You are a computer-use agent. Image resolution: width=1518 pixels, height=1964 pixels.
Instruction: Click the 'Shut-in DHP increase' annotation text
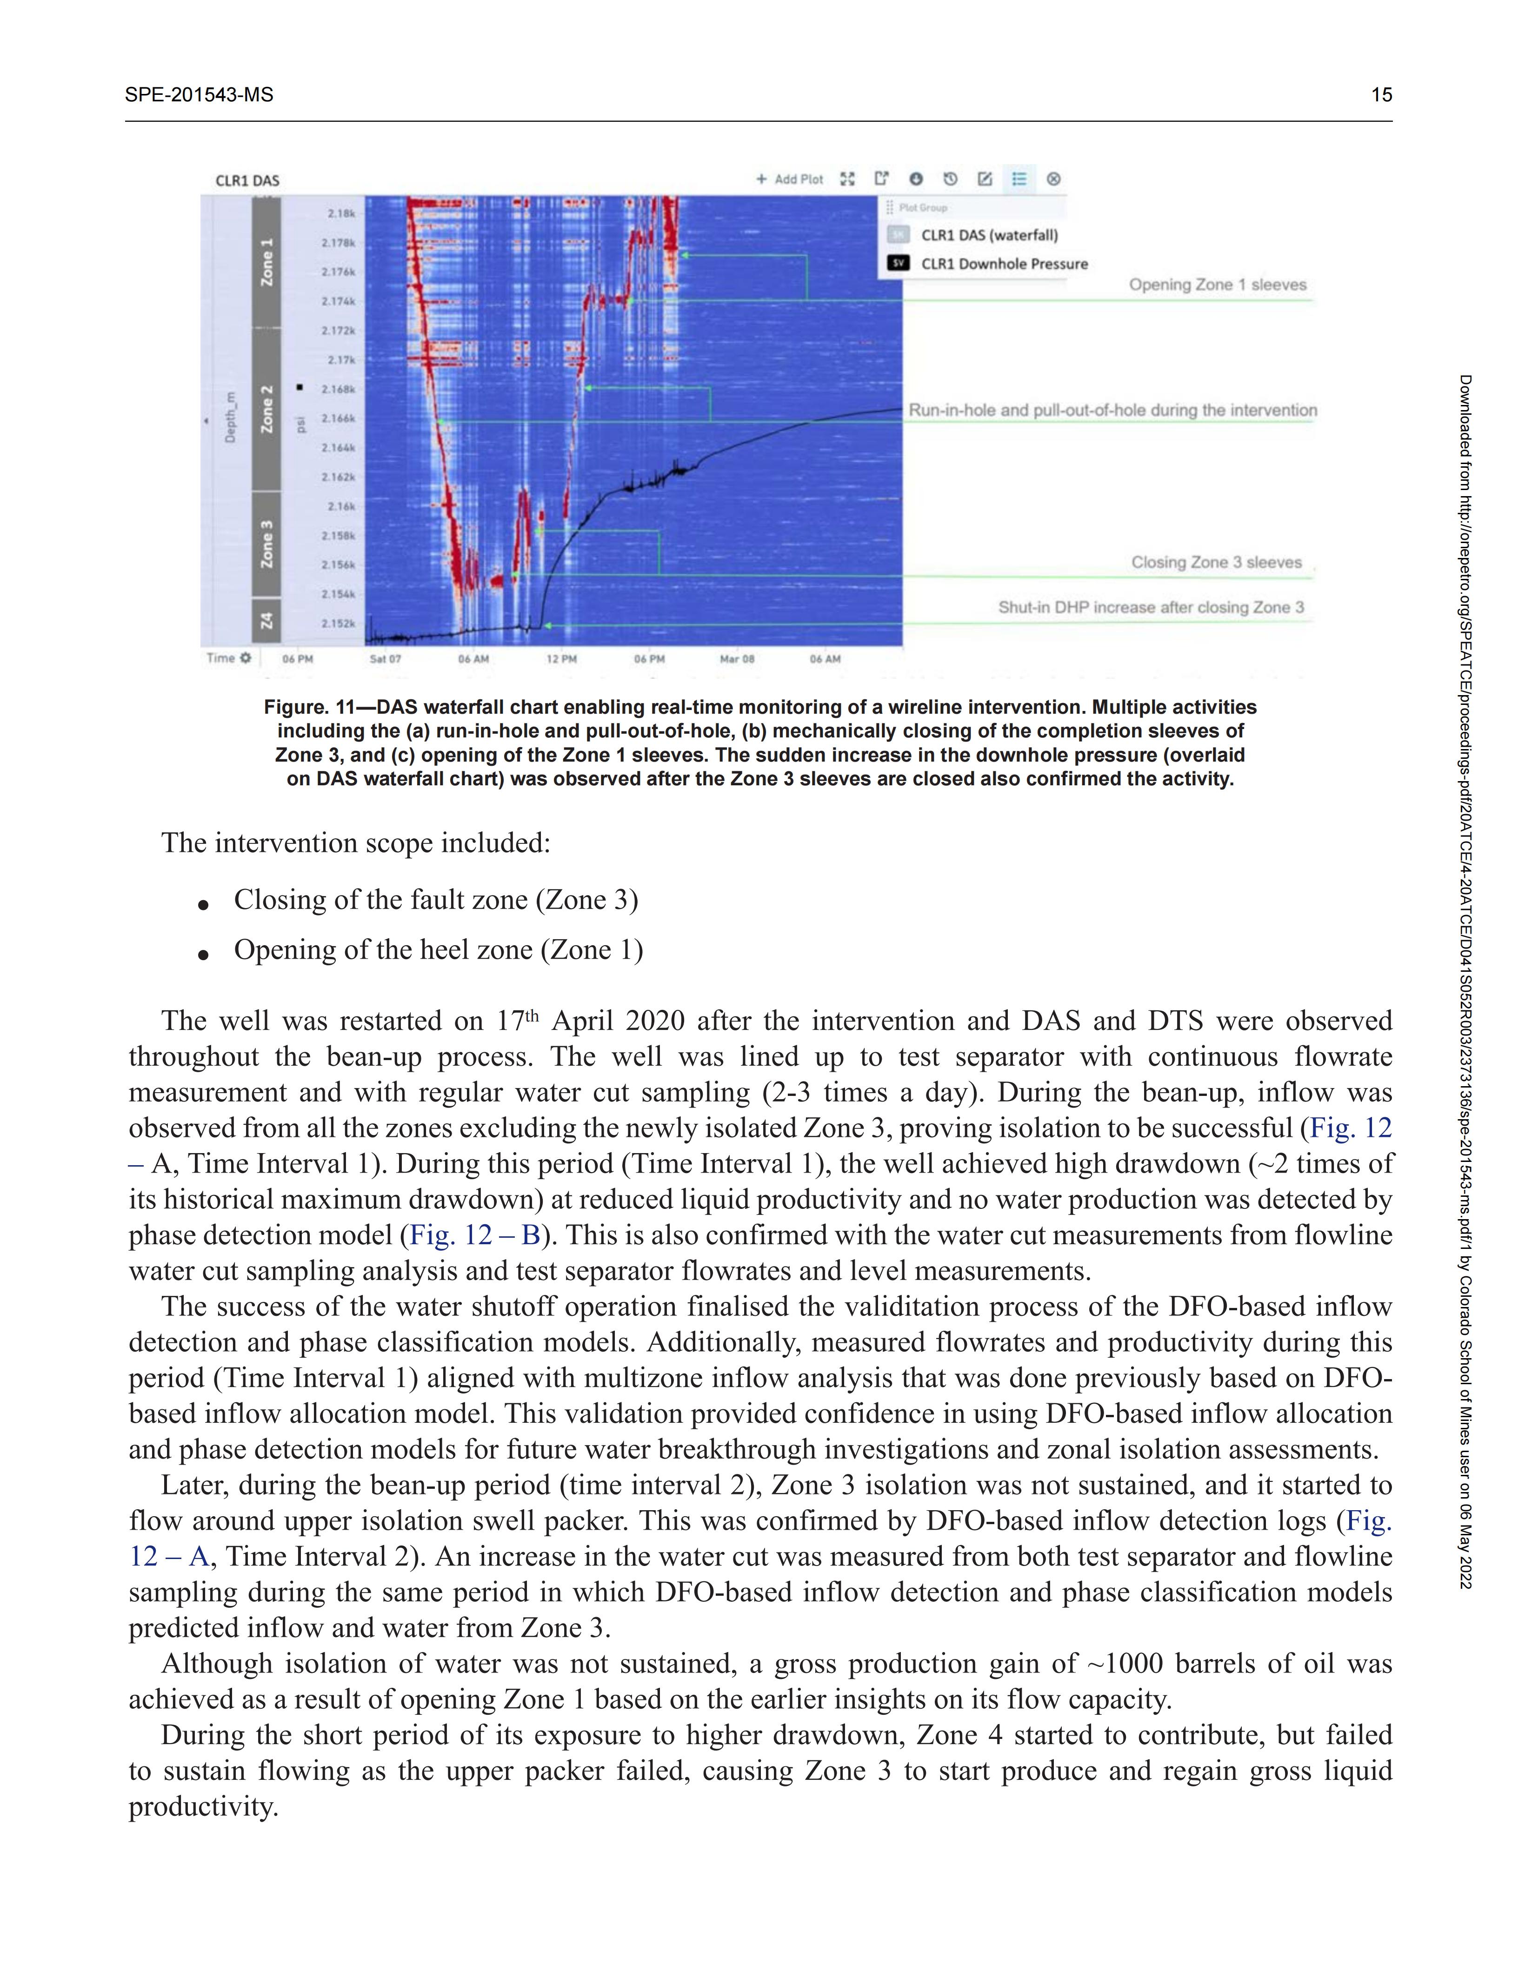point(1150,608)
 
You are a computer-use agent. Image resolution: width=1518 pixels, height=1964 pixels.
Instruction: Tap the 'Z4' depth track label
point(266,621)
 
